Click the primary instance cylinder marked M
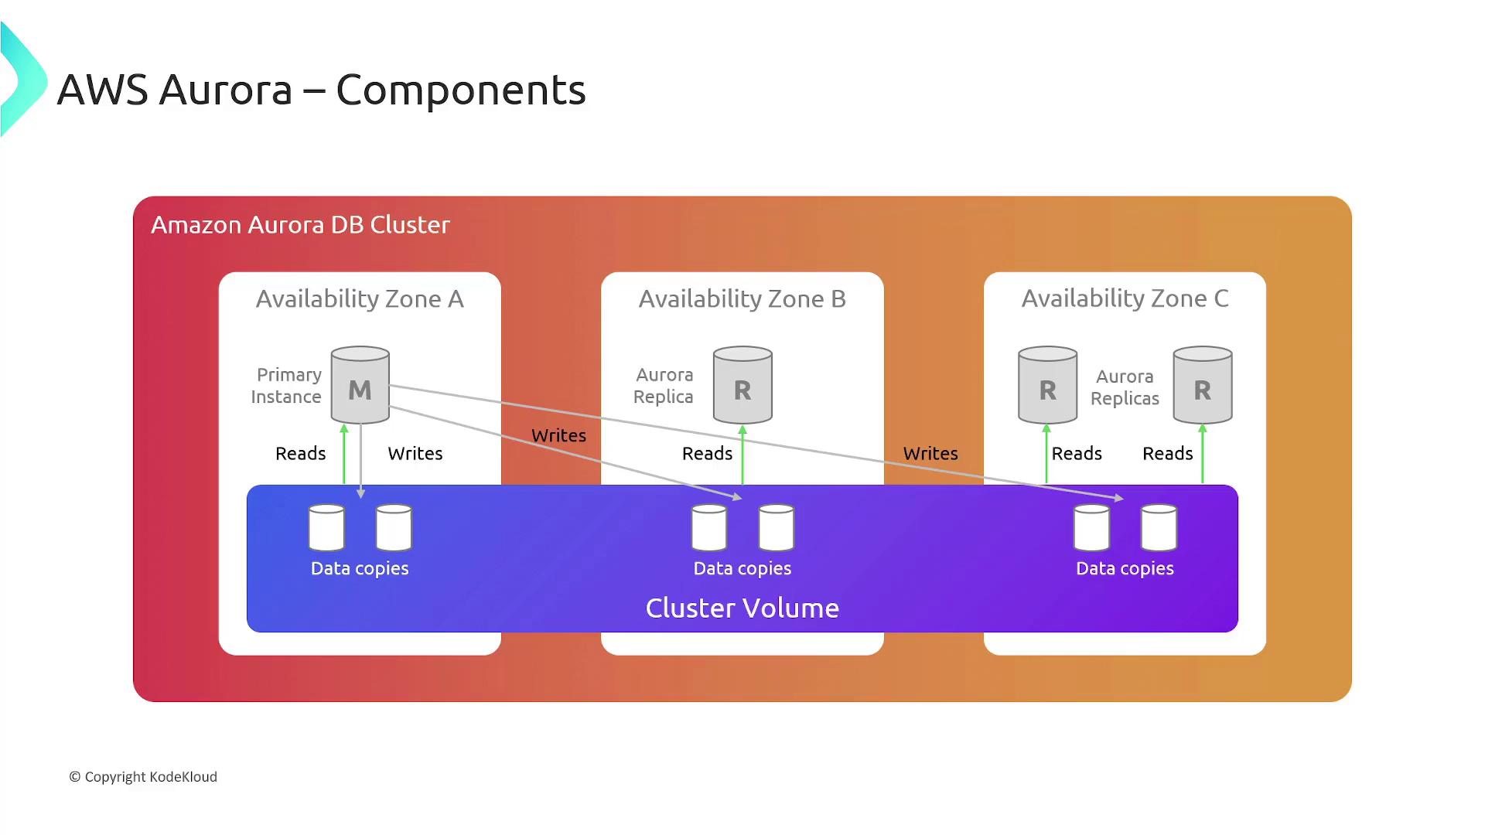360,385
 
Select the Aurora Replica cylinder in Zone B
742,385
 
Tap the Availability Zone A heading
360,299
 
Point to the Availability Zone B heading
742,299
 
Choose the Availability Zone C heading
1125,298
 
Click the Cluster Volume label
742,608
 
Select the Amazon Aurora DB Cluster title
300,225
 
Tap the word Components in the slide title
461,90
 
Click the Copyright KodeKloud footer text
143,777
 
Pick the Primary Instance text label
286,386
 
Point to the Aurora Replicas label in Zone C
1125,387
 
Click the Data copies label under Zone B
742,569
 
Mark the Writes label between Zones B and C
930,454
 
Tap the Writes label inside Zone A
415,454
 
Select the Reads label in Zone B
707,454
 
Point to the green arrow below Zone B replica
742,456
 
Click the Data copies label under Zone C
1125,569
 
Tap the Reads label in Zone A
300,454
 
